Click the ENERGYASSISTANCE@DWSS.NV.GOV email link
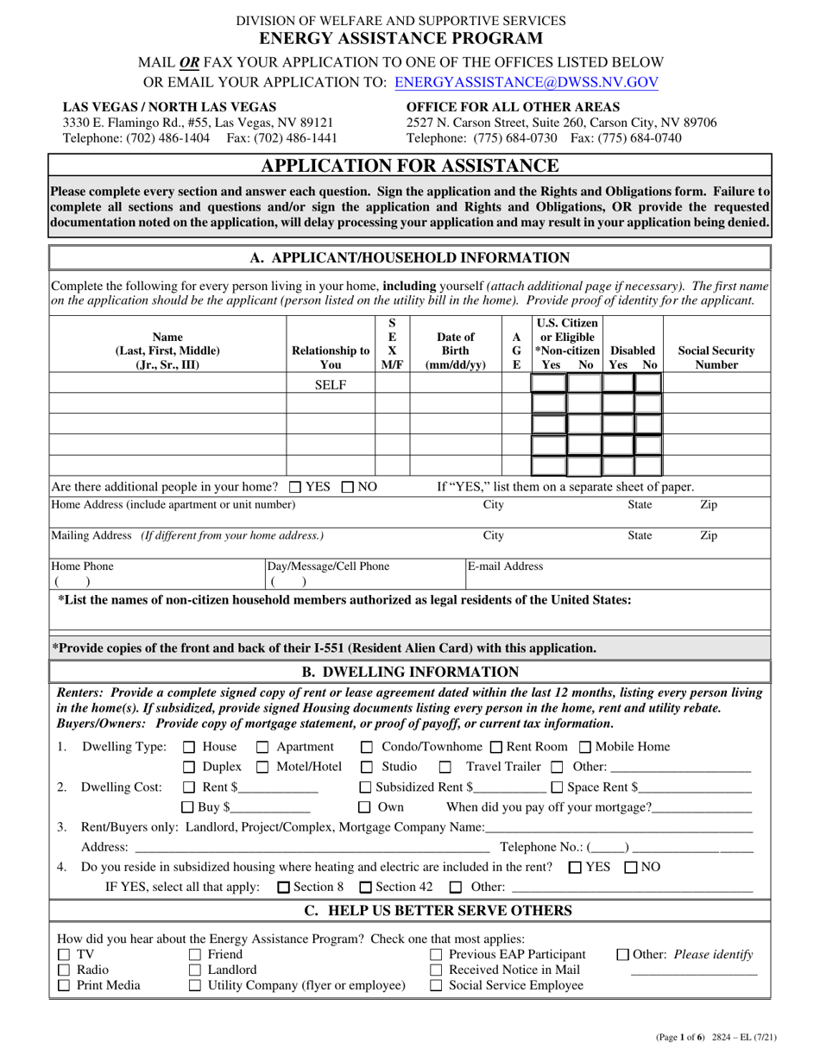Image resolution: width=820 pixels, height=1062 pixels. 527,83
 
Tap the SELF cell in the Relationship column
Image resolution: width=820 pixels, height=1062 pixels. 330,384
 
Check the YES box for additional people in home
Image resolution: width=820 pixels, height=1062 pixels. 295,487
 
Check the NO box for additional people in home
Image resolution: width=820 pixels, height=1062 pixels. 348,487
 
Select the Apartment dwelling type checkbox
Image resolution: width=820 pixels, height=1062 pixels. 263,747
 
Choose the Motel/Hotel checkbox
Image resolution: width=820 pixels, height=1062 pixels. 263,768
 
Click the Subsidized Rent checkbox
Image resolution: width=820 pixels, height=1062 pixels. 365,787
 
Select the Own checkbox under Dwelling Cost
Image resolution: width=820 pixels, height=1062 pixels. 365,808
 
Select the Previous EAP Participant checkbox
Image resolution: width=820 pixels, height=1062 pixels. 436,955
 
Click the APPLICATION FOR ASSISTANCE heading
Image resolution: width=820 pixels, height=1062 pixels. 410,165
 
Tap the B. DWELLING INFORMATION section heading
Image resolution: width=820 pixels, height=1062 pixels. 410,672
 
